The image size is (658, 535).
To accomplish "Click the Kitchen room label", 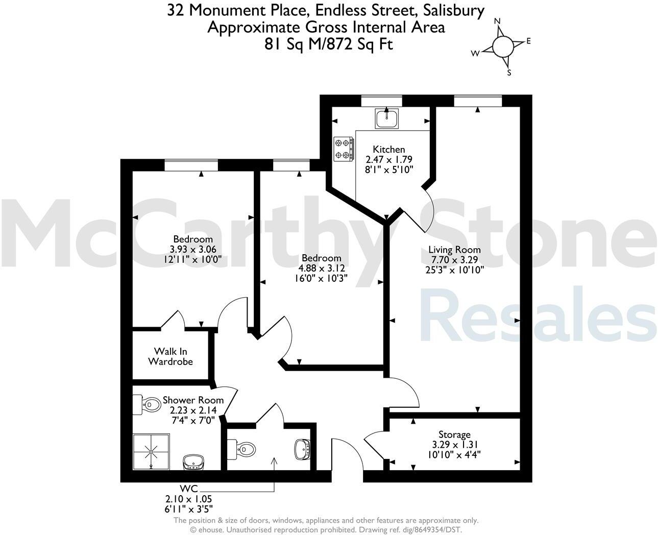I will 389,150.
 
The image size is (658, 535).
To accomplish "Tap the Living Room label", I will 454,250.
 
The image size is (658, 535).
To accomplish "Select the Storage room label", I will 454,435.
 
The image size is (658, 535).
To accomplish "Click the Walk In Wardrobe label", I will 170,356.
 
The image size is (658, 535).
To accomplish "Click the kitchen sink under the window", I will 387,118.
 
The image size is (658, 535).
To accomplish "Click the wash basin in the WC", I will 302,449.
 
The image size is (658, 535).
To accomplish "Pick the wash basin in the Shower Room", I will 194,462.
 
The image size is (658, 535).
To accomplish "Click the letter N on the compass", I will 498,21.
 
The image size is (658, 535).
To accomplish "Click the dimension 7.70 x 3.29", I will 454,259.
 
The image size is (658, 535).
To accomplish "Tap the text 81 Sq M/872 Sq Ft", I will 328,44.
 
